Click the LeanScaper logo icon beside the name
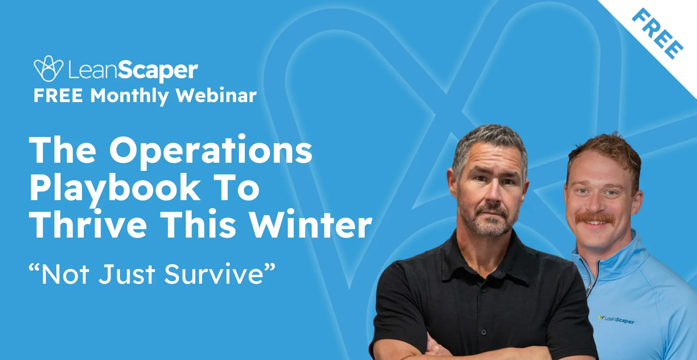coord(48,68)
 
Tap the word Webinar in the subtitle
coord(216,96)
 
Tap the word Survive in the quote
coord(214,274)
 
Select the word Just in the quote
coord(127,274)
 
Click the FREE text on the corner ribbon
coord(657,33)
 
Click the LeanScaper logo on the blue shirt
coord(616,319)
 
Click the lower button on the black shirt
coord(483,332)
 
